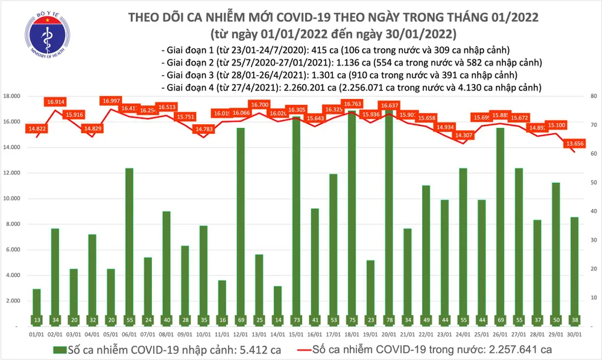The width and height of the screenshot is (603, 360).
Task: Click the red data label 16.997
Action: pyautogui.click(x=111, y=101)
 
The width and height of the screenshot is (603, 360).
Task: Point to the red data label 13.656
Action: pyautogui.click(x=575, y=144)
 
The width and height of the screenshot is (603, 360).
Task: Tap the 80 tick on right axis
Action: pyautogui.click(x=593, y=96)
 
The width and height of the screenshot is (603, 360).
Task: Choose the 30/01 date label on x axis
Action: pyautogui.click(x=575, y=333)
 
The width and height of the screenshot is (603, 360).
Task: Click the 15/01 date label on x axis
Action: pyautogui.click(x=296, y=333)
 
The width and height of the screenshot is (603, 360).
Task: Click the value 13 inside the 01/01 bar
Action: pyautogui.click(x=36, y=319)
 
